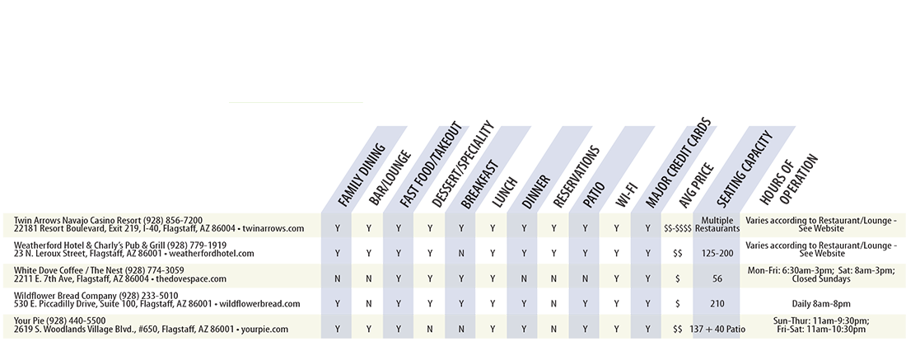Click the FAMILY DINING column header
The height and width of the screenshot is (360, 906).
click(361, 175)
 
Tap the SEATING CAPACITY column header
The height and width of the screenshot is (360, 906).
click(745, 169)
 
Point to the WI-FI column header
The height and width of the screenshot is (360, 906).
click(626, 194)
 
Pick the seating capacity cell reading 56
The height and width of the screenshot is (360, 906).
click(717, 278)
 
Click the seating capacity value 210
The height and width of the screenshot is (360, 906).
click(717, 303)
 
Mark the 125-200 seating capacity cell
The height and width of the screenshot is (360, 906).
click(717, 253)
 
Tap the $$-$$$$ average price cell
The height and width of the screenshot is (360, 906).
click(678, 228)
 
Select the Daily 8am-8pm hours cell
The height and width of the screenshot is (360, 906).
click(821, 303)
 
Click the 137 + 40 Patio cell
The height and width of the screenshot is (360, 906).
click(717, 329)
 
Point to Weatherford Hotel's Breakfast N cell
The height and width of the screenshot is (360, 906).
click(461, 253)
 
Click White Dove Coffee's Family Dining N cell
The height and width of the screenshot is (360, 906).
click(338, 278)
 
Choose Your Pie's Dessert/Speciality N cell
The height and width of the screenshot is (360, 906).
click(430, 329)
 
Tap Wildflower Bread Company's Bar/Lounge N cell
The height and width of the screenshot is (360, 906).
click(369, 303)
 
